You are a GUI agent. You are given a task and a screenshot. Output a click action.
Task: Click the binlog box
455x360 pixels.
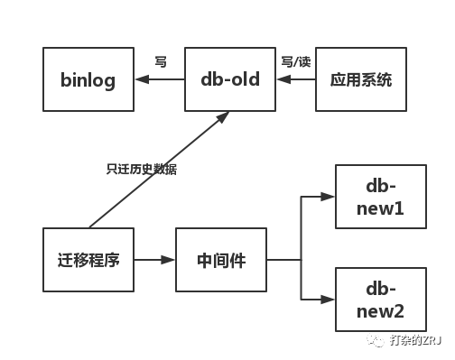pyautogui.click(x=88, y=79)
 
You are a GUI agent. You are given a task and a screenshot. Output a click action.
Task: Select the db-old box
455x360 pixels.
pyautogui.click(x=229, y=79)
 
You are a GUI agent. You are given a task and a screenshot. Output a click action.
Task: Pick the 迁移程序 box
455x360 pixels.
pyautogui.click(x=88, y=260)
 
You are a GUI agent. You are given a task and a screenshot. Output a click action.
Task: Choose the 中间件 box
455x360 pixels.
pyautogui.click(x=221, y=260)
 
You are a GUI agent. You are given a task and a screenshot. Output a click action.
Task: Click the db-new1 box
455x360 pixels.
pyautogui.click(x=380, y=198)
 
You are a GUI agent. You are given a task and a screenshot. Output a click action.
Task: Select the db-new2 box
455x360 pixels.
pyautogui.click(x=380, y=300)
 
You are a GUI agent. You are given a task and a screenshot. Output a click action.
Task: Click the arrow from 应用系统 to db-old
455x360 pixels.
pyautogui.click(x=295, y=79)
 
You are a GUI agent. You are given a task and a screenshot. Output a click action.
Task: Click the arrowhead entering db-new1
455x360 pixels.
pyautogui.click(x=328, y=197)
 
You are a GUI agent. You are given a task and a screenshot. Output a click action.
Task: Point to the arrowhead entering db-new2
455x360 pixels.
pyautogui.click(x=328, y=300)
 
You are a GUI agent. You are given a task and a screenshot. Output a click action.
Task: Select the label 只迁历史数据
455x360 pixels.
pyautogui.click(x=142, y=169)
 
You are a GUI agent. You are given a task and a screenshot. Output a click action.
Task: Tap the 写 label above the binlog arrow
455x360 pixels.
pyautogui.click(x=161, y=62)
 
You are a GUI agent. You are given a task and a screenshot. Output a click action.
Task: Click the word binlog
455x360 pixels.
pyautogui.click(x=88, y=79)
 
